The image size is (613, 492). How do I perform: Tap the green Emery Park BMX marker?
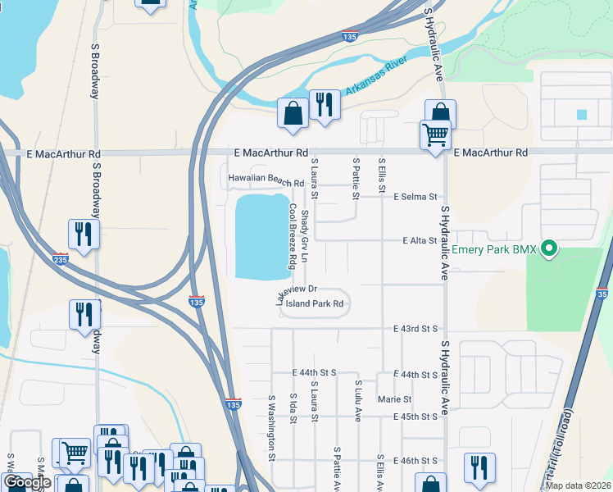(x=550, y=247)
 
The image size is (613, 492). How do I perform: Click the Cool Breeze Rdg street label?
(x=291, y=236)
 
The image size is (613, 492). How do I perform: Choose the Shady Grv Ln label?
(x=304, y=236)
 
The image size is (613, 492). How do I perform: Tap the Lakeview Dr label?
(x=296, y=294)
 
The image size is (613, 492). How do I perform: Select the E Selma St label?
(x=416, y=197)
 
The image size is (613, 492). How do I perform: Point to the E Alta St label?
(x=420, y=241)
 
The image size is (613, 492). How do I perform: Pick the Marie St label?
(x=394, y=399)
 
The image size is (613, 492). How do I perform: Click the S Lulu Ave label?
(x=358, y=400)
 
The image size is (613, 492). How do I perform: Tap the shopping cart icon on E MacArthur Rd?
(x=435, y=134)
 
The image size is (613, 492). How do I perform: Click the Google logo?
(x=28, y=483)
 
